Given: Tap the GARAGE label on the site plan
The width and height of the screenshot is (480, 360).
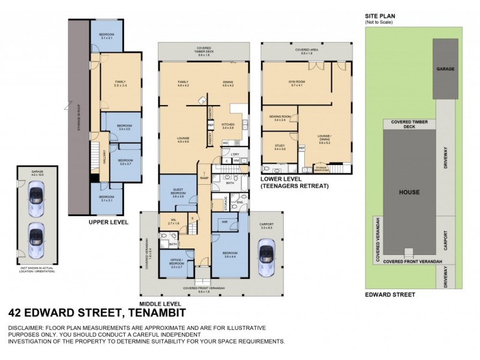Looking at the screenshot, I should click(x=445, y=69).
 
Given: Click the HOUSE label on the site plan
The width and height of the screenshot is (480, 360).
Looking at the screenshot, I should click(x=410, y=193).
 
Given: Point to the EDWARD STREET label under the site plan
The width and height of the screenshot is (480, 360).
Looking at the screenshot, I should click(x=390, y=295).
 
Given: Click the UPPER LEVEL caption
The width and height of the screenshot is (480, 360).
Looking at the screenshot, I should click(x=109, y=221).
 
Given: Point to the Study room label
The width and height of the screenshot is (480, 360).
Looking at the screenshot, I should click(x=280, y=146).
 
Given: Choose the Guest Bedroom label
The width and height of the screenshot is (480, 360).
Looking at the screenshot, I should click(x=178, y=192).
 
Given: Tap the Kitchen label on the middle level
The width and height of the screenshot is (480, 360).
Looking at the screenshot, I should click(x=228, y=125).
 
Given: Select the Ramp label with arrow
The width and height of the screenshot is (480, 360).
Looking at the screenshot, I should click(x=203, y=178).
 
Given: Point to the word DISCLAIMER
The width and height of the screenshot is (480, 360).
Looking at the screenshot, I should click(x=26, y=328).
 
